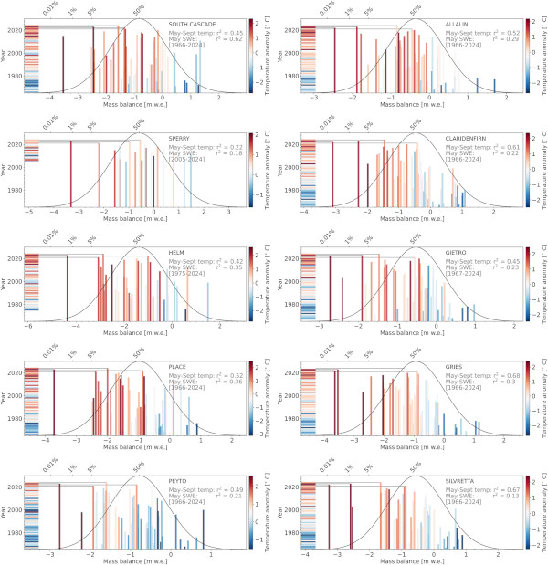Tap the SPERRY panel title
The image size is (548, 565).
(180, 138)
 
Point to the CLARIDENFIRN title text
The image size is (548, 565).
(470, 138)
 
